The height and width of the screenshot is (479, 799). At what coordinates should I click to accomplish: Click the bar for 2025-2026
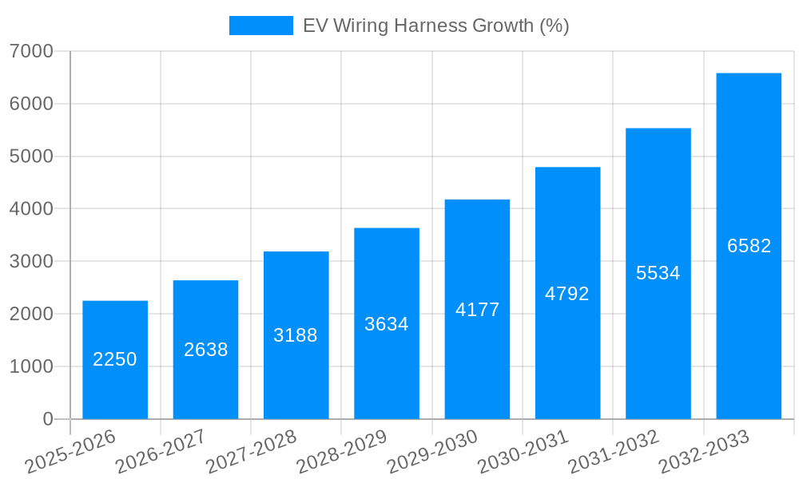click(x=115, y=359)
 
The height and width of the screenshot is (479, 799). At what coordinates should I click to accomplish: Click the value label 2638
click(x=206, y=350)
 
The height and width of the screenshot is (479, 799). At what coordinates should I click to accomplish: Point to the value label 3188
click(x=296, y=335)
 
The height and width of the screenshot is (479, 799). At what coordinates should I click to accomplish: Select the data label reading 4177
click(x=477, y=310)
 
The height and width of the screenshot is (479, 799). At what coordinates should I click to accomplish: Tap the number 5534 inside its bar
click(x=658, y=273)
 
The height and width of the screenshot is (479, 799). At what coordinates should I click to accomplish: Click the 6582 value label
click(x=749, y=246)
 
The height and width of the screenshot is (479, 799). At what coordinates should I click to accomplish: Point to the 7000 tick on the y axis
click(x=31, y=51)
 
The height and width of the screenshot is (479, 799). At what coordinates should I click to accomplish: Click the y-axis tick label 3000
click(x=31, y=262)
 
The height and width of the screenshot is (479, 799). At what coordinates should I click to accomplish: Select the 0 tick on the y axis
click(x=48, y=419)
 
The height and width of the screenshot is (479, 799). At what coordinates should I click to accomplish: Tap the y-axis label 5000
click(x=31, y=156)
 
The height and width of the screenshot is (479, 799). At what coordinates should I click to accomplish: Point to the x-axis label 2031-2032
click(x=614, y=451)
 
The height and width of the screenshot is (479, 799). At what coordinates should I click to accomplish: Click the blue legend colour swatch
click(x=260, y=26)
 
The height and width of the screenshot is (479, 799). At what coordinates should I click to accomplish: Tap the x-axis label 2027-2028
click(x=252, y=451)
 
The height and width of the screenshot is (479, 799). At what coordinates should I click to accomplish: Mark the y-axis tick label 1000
click(x=31, y=366)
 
